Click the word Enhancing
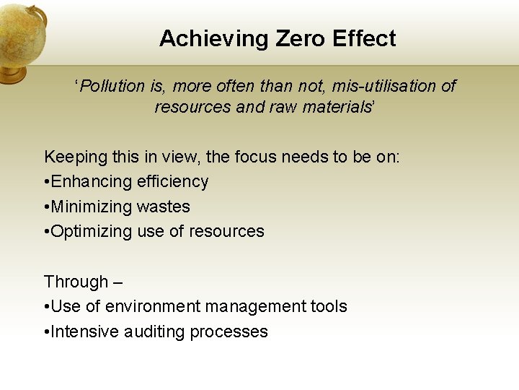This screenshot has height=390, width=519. [x=87, y=181]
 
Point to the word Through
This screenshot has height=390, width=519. [x=76, y=282]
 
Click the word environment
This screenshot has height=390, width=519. [x=152, y=306]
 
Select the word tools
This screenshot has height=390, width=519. [x=329, y=306]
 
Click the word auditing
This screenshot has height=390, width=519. [x=154, y=331]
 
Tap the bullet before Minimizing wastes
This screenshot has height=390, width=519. [x=46, y=207]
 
